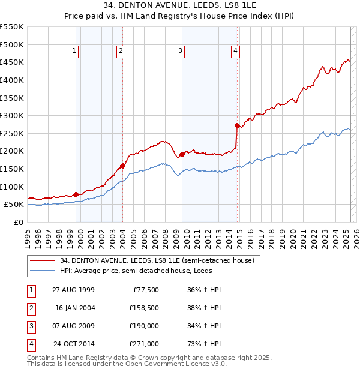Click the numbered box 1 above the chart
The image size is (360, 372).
(x=74, y=52)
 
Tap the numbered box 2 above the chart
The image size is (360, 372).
(x=121, y=52)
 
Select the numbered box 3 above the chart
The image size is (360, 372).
(x=179, y=52)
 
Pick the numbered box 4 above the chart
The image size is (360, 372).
(x=236, y=52)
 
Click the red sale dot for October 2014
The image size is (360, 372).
(x=237, y=126)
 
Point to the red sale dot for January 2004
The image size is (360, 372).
(x=122, y=166)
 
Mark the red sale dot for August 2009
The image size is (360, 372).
(x=182, y=155)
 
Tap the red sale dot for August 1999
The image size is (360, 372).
(x=76, y=194)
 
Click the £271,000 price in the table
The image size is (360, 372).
(x=144, y=344)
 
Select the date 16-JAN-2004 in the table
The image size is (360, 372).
(x=74, y=308)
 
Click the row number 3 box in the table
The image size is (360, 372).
(x=31, y=326)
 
